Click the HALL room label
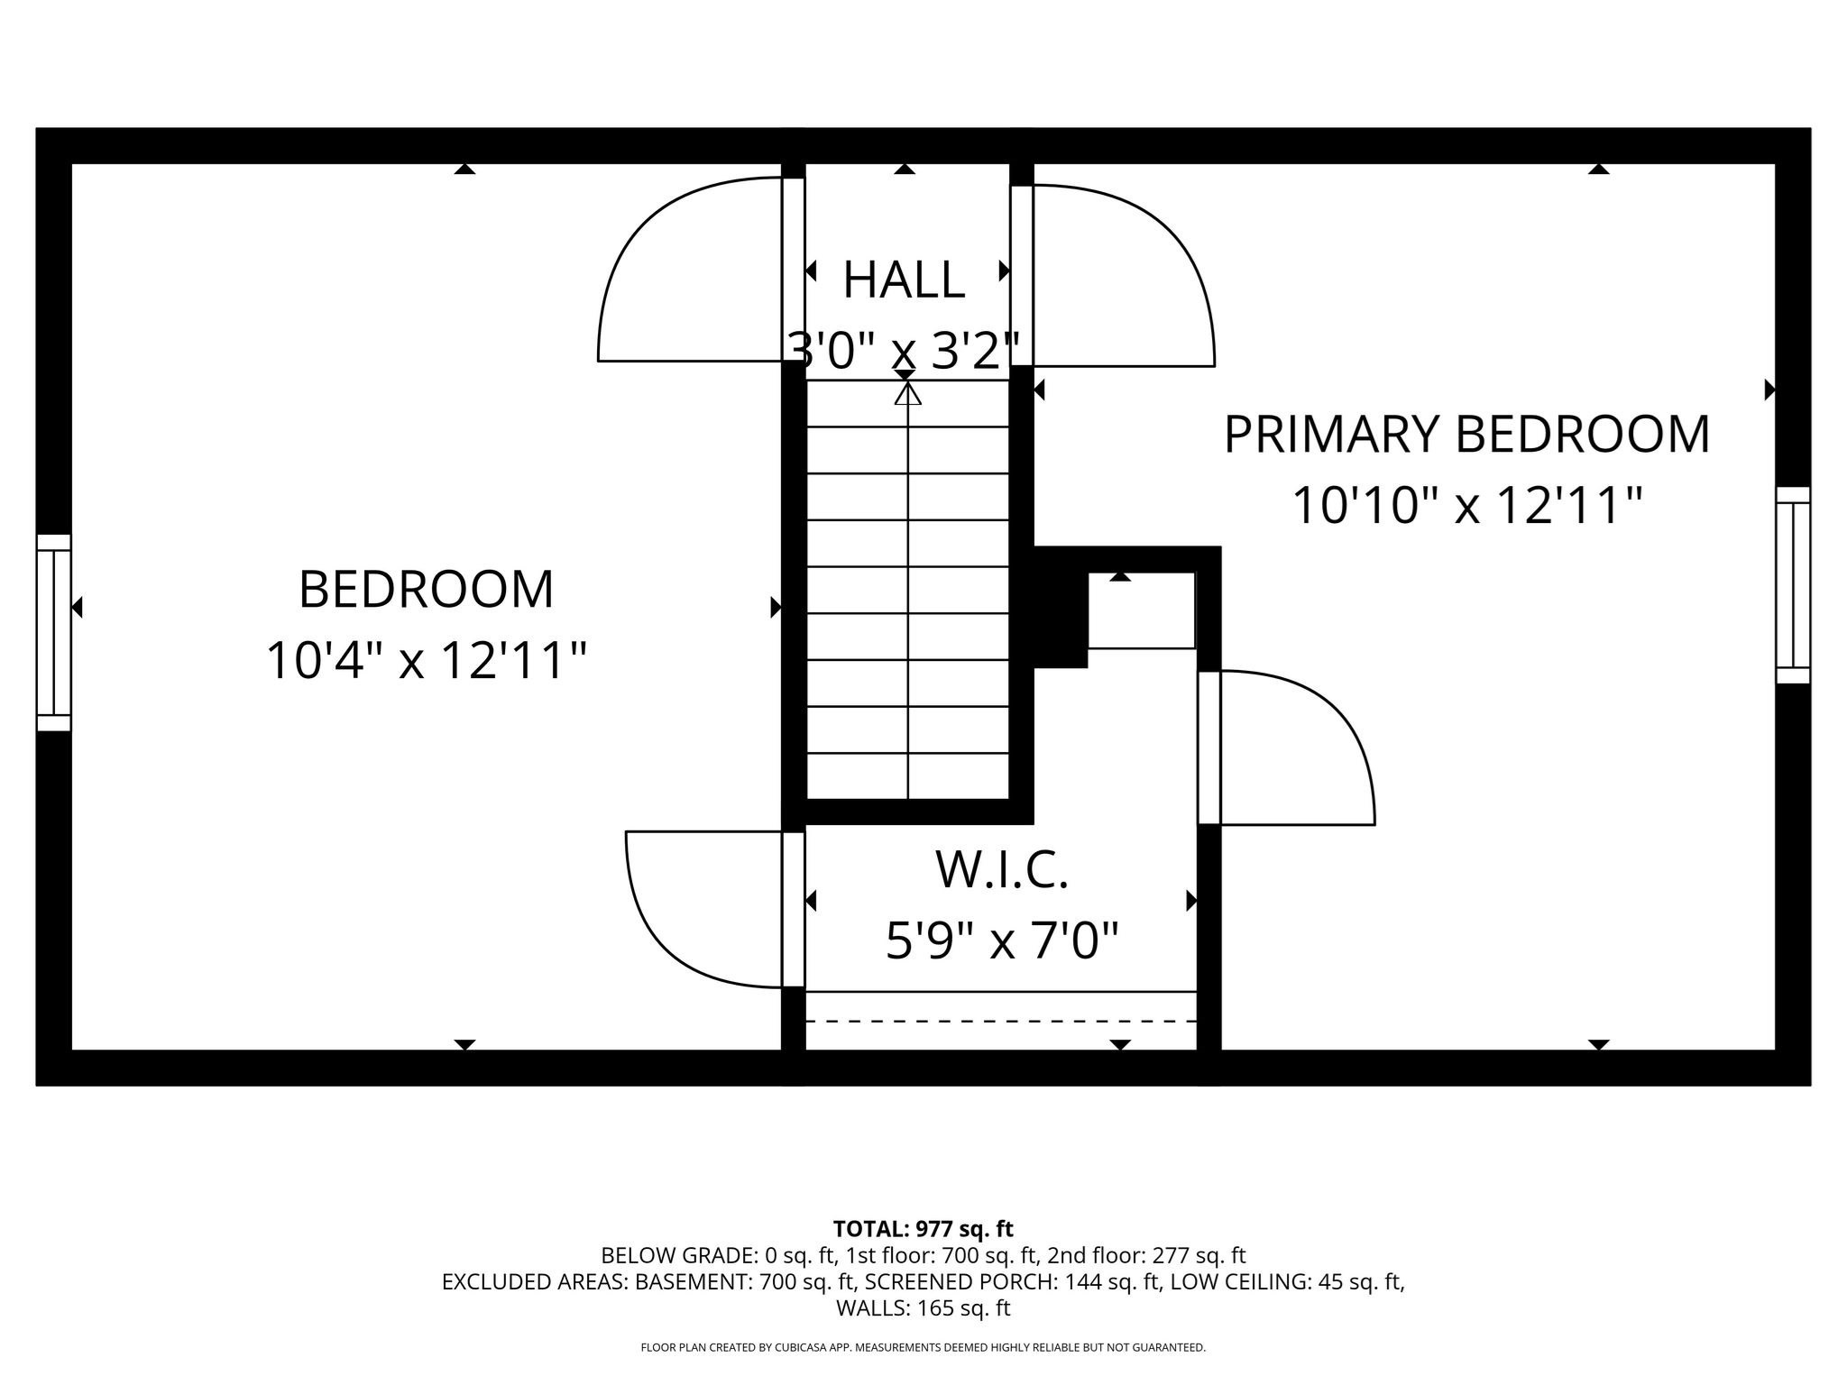(904, 280)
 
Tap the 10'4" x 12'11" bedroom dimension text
(426, 661)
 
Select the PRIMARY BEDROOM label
(1466, 435)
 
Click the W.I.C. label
(1001, 870)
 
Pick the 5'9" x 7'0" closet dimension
(1001, 941)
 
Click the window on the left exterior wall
(53, 632)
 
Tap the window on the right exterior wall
(1793, 585)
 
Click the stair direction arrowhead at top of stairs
(907, 394)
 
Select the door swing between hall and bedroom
(685, 271)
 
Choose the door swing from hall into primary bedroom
(1118, 276)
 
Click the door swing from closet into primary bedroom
(1290, 748)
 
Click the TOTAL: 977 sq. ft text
(923, 1229)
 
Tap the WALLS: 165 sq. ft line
(923, 1308)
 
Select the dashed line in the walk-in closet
(1001, 1022)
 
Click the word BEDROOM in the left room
(426, 590)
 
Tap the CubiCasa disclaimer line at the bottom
(923, 1348)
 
